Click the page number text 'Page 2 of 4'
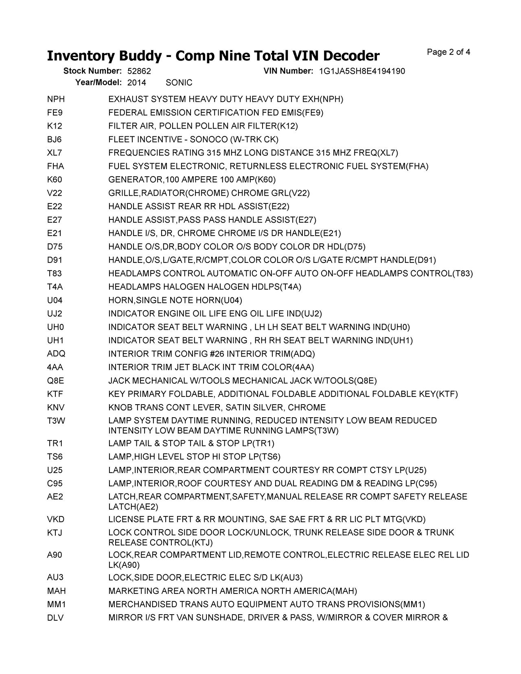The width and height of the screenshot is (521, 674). [449, 52]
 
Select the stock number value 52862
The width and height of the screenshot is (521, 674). [139, 71]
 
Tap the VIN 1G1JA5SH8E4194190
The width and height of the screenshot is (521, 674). [362, 71]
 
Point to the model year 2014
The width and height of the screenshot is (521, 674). [136, 83]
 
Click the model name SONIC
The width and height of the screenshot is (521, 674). [179, 83]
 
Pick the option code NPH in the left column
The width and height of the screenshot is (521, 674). [56, 99]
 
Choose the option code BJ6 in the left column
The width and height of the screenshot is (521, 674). [55, 140]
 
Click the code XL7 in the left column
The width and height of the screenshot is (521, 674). [55, 153]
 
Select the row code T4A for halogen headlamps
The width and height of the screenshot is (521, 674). [55, 287]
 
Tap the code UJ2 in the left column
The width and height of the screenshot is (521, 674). [55, 314]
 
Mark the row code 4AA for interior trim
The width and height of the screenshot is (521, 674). [55, 368]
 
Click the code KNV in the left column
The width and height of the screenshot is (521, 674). [56, 407]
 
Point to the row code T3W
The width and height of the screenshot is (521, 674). [56, 421]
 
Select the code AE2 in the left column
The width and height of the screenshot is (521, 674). [55, 497]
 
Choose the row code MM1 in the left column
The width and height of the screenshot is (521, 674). [56, 604]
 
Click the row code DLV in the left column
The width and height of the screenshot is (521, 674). [55, 618]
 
